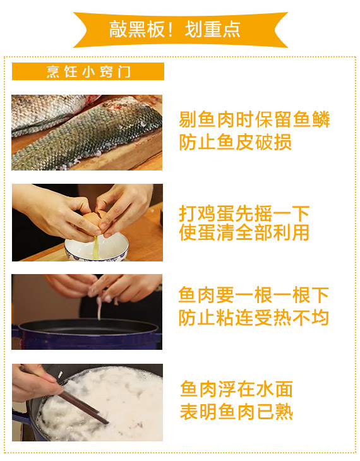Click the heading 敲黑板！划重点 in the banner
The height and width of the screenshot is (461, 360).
175,30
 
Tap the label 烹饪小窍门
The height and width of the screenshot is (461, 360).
88,71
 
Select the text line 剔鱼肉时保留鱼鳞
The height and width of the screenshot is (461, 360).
255,119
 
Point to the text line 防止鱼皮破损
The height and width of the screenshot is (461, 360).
236,142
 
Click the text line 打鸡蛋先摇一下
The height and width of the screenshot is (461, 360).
244,213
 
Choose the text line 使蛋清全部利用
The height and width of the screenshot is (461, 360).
244,232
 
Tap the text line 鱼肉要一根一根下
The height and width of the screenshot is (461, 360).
253,295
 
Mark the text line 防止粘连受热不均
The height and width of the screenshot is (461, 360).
253,318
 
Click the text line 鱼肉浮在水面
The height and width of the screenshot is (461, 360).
236,389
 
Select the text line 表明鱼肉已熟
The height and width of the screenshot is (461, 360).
236,412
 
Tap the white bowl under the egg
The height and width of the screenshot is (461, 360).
97,247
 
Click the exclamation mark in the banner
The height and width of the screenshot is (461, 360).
171,30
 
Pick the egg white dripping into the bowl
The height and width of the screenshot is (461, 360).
95,247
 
